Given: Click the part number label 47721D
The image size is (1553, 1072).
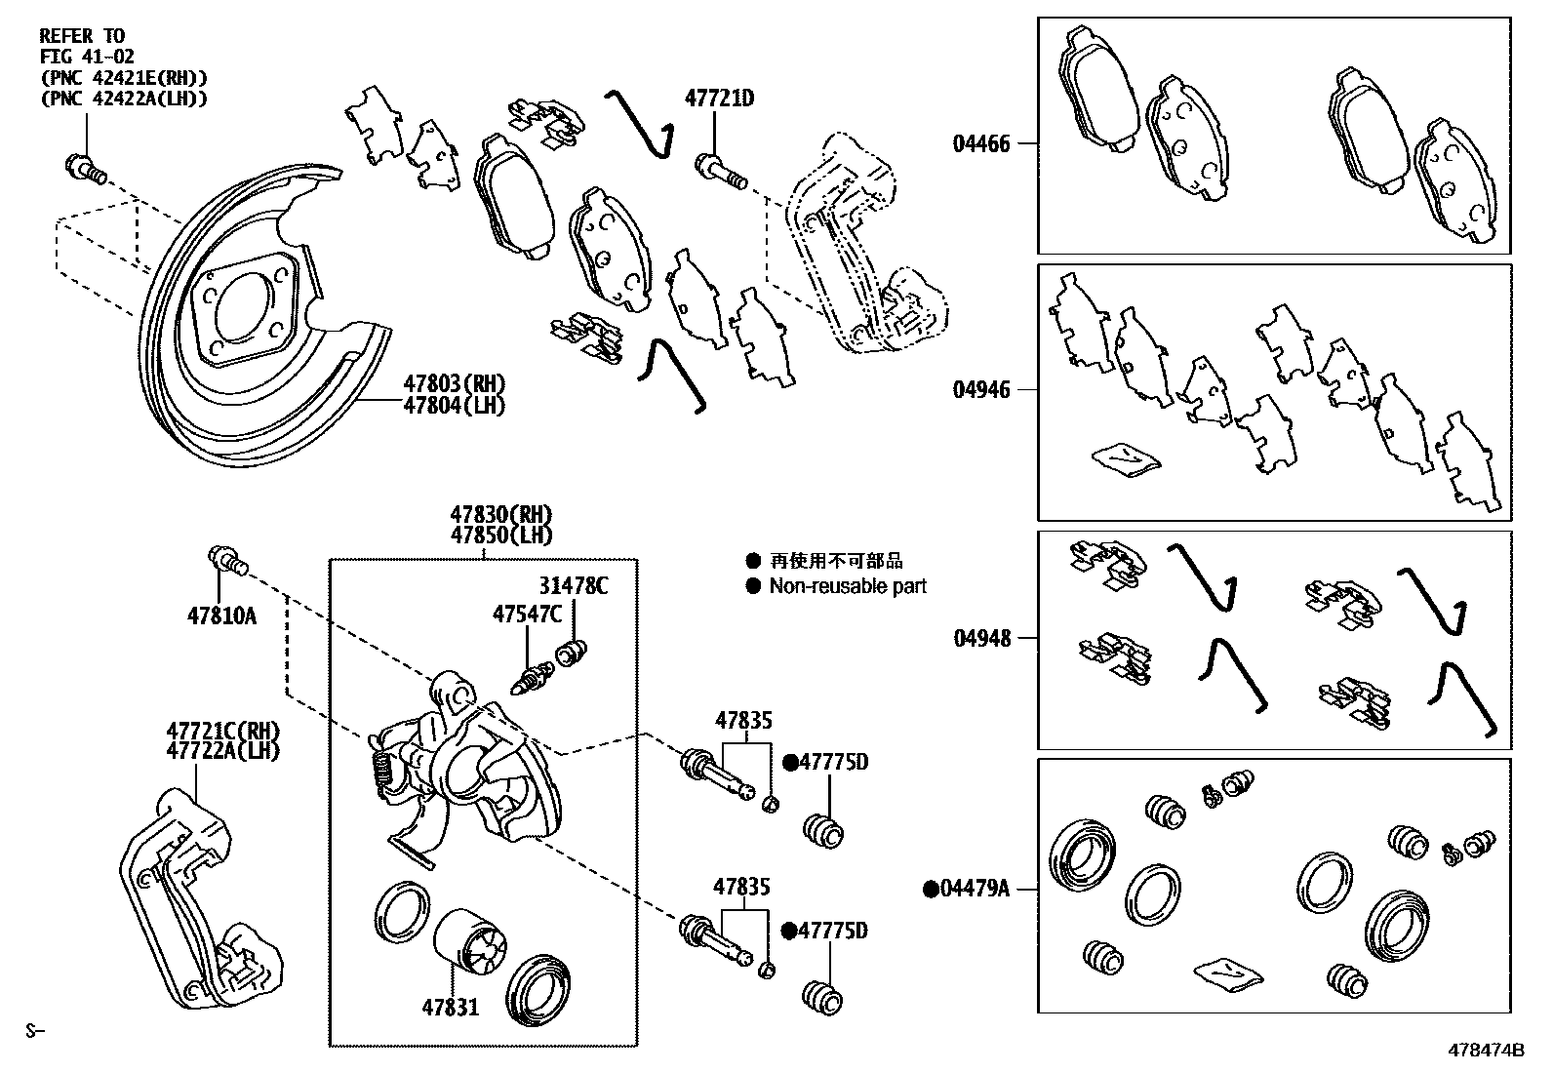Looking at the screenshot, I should click(x=719, y=99).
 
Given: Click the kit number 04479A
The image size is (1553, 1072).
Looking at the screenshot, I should click(x=975, y=889).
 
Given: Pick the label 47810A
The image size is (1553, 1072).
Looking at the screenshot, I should click(x=221, y=615).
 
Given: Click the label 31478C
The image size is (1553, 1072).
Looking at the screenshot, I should click(x=573, y=585).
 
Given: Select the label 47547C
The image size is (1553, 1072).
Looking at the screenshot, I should click(x=527, y=614).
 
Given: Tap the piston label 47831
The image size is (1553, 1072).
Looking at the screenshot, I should click(x=450, y=1007).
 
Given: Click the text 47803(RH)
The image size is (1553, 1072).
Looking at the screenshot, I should click(x=455, y=383).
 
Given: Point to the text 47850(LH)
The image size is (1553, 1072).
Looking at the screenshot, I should click(x=500, y=536).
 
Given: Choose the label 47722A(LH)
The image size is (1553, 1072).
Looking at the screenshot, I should click(x=222, y=751).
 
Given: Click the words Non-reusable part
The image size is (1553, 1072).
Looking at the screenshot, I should click(x=847, y=586).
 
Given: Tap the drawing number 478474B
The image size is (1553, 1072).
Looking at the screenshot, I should click(x=1486, y=1051).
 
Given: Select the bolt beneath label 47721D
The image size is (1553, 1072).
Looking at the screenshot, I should click(x=720, y=170).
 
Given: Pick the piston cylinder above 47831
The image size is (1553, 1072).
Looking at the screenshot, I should click(x=467, y=940).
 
